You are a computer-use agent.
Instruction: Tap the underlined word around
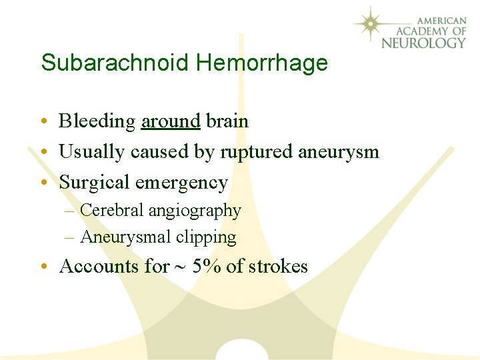tap(171, 121)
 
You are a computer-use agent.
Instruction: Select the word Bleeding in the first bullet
tap(97, 121)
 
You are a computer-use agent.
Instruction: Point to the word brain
tap(227, 121)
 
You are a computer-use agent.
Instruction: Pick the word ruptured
tap(255, 152)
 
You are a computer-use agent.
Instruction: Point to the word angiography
tap(195, 211)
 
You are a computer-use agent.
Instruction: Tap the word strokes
tap(278, 267)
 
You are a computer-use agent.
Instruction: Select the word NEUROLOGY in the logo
tap(424, 43)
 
